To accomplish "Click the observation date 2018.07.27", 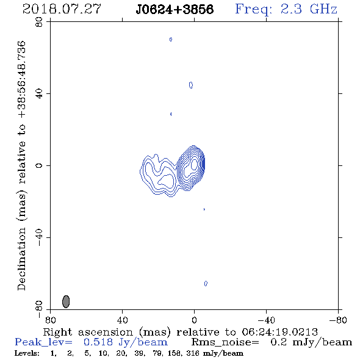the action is pyautogui.click(x=62, y=9).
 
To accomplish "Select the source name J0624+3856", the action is pyautogui.click(x=175, y=9).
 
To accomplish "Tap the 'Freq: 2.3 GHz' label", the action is pyautogui.click(x=286, y=9).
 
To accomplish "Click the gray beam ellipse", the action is pyautogui.click(x=66, y=301).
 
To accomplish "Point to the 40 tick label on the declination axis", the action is pyautogui.click(x=39, y=93).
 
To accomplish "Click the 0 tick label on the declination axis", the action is pyautogui.click(x=39, y=165).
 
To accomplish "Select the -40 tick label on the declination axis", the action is pyautogui.click(x=39, y=237).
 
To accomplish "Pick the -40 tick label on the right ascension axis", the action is pyautogui.click(x=266, y=320).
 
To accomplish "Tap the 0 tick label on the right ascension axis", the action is pyautogui.click(x=194, y=320).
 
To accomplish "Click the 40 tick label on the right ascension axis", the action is pyautogui.click(x=122, y=320).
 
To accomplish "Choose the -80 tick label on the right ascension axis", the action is pyautogui.click(x=338, y=320).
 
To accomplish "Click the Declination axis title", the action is pyautogui.click(x=21, y=165).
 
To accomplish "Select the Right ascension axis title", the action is pyautogui.click(x=180, y=332).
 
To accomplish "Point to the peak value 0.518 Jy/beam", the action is pyautogui.click(x=125, y=342).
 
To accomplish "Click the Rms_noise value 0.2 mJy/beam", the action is pyautogui.click(x=311, y=342).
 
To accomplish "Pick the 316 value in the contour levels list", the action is pyautogui.click(x=192, y=353).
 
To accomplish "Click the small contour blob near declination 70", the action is pyautogui.click(x=171, y=40).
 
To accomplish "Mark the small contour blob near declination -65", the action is pyautogui.click(x=206, y=284).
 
